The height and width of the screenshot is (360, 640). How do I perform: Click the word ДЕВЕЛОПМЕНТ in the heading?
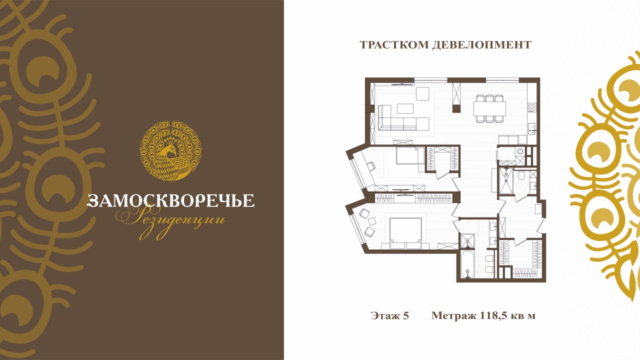pos(481,45)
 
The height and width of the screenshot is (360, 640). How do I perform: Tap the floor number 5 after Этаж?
pos(406,315)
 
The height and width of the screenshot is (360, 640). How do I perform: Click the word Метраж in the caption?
pos(453,315)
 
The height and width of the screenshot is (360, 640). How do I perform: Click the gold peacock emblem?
pos(170,150)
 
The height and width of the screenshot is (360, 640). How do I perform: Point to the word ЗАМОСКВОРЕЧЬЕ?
pos(170,200)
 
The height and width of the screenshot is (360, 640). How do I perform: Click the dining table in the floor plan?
pos(489,108)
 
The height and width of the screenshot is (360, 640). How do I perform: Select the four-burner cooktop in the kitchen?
pos(532,107)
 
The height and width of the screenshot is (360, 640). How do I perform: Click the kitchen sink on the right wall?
pos(532,128)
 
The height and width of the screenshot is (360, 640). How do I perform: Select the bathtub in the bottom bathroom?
pos(467,264)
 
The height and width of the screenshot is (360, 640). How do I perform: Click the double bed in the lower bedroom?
pos(405,233)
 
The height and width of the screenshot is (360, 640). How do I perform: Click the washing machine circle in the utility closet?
pos(520,151)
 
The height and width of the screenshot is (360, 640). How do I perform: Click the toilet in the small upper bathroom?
pos(520,175)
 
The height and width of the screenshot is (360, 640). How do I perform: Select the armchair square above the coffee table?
pos(422,93)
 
